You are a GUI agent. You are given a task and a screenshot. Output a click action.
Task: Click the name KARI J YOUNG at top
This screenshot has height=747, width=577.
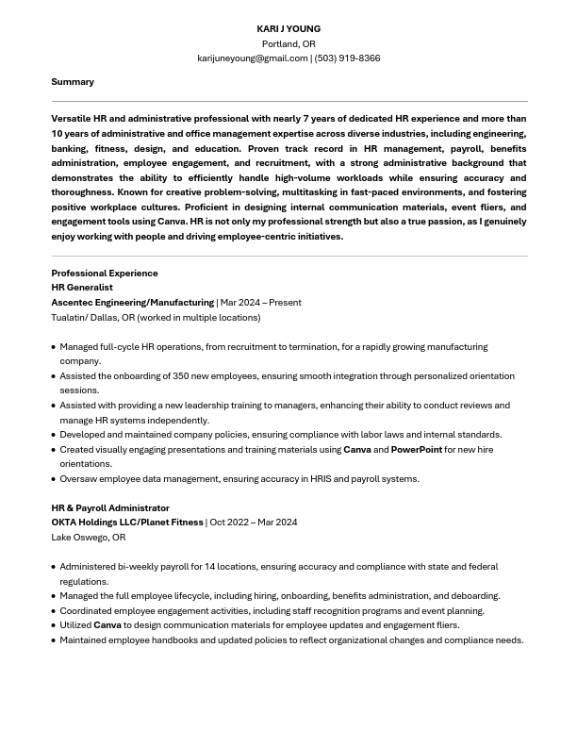288,29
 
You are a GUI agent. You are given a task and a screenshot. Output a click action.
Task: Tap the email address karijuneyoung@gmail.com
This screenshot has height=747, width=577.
252,58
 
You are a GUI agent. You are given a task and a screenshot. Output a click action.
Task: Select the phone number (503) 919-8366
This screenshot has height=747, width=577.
347,58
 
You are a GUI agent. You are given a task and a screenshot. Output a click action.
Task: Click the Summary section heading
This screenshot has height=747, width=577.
73,82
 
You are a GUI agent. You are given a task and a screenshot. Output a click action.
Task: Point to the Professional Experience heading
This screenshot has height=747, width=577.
105,274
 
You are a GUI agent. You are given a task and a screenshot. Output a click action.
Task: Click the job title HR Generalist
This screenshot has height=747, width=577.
82,288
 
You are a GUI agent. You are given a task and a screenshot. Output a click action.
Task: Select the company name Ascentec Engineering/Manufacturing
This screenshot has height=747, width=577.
132,303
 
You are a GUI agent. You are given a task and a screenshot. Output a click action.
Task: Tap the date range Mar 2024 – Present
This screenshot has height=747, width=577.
261,303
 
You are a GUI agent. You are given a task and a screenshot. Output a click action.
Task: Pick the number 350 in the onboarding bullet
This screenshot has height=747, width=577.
181,376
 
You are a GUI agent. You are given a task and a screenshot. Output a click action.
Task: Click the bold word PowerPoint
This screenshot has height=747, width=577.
416,450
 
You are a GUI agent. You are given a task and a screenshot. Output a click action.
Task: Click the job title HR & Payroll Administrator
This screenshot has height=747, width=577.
110,508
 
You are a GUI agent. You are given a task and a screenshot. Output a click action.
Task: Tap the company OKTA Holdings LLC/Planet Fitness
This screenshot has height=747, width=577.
127,523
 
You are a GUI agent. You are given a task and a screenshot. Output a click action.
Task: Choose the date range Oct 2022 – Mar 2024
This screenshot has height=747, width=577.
254,523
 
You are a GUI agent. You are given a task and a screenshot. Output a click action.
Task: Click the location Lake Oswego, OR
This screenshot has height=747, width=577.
89,538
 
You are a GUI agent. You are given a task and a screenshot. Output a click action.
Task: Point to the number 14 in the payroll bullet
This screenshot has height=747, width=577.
210,567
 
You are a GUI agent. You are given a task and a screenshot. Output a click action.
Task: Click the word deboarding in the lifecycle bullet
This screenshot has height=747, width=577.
475,596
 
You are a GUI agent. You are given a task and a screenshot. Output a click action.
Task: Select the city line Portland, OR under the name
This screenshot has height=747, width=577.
288,44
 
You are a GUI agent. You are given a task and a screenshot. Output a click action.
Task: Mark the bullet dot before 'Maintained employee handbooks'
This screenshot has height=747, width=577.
53,640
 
